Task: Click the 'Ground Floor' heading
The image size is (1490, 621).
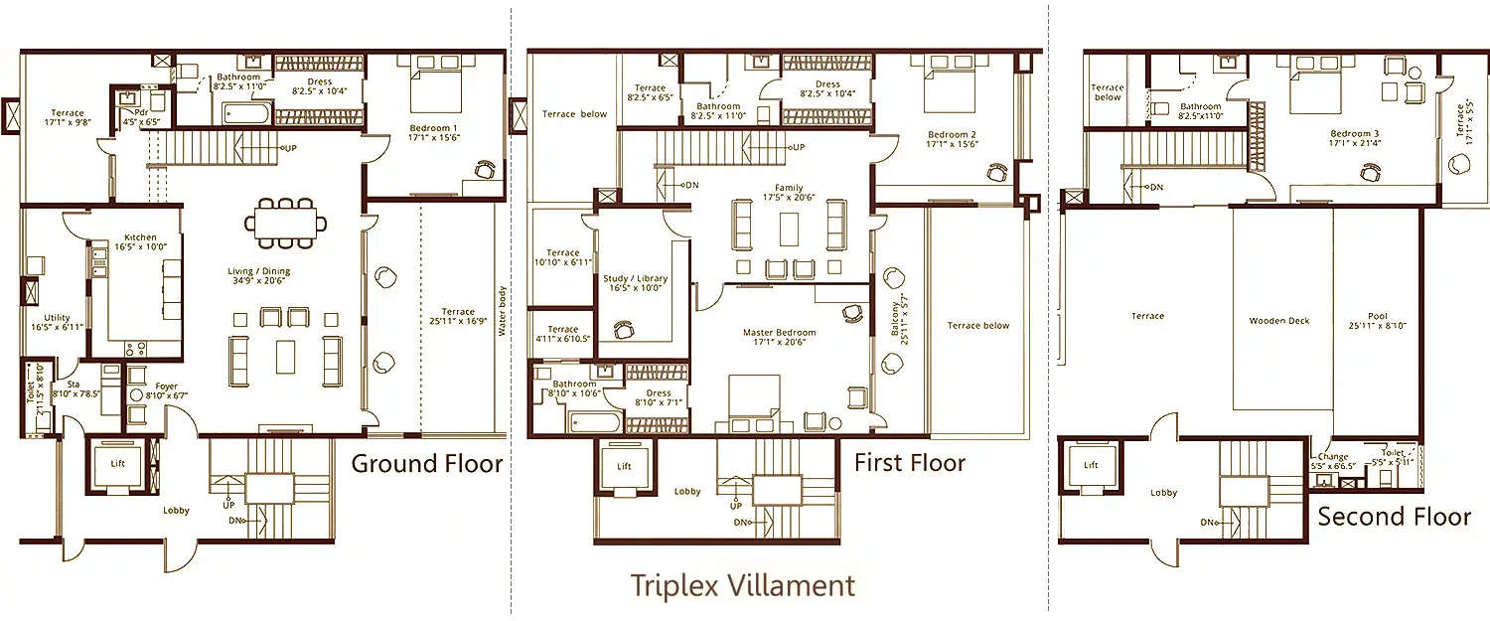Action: tap(427, 464)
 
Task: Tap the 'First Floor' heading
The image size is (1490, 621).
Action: tap(910, 463)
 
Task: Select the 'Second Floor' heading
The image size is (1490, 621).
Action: tap(1394, 517)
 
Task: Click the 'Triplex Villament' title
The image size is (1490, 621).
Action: tap(742, 584)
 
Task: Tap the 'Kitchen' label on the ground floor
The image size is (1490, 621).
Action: tap(140, 238)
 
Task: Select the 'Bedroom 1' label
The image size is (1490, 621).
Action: tap(433, 129)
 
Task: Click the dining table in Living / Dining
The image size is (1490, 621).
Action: tap(284, 223)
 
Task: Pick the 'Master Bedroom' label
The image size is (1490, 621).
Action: tap(780, 333)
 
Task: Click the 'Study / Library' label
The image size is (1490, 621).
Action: tap(635, 279)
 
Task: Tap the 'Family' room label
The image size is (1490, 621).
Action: tap(790, 188)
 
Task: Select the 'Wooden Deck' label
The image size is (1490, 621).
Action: tap(1279, 321)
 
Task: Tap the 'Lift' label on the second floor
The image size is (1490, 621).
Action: tap(1091, 465)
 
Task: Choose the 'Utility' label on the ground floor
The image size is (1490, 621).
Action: tap(57, 318)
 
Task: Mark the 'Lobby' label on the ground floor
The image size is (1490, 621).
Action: tap(177, 511)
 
